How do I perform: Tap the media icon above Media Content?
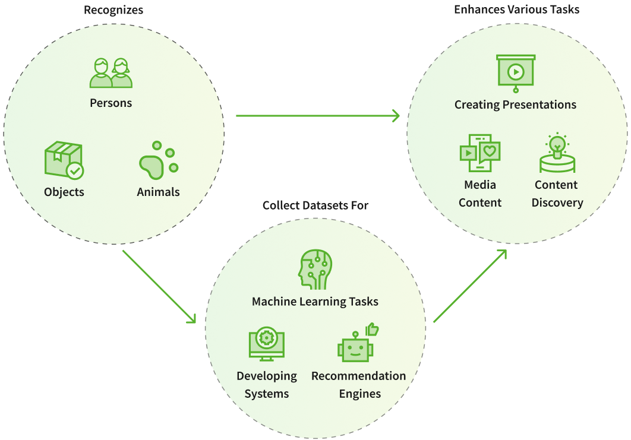pyautogui.click(x=480, y=154)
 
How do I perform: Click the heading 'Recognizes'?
pyautogui.click(x=113, y=10)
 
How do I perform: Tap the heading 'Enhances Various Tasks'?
pyautogui.click(x=516, y=10)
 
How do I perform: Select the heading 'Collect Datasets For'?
pyautogui.click(x=315, y=205)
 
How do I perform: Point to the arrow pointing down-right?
pyautogui.click(x=159, y=287)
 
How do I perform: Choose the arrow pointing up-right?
pyautogui.click(x=470, y=286)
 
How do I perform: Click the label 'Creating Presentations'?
pyautogui.click(x=515, y=105)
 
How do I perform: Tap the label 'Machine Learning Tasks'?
pyautogui.click(x=315, y=302)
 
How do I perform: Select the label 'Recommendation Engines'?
pyautogui.click(x=359, y=385)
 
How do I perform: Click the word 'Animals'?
pyautogui.click(x=158, y=192)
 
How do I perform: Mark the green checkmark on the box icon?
pyautogui.click(x=74, y=171)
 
